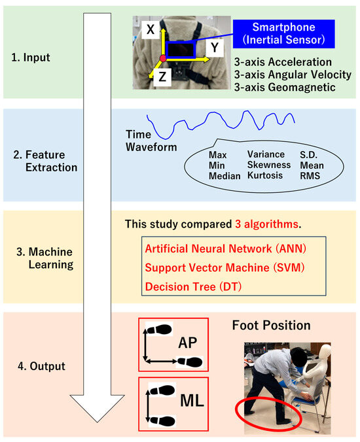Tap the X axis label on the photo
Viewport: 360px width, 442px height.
pyautogui.click(x=150, y=29)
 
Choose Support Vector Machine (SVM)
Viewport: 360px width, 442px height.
pyautogui.click(x=224, y=268)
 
